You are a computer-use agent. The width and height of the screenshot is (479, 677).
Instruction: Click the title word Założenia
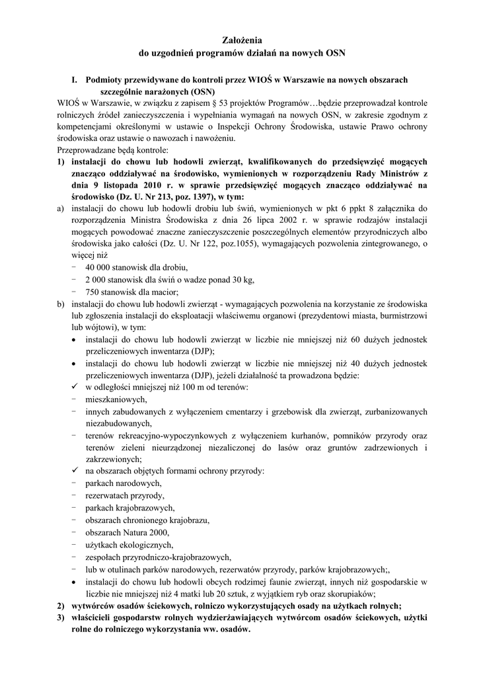click(x=239, y=40)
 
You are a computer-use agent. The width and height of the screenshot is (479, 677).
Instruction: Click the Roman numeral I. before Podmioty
click(x=75, y=79)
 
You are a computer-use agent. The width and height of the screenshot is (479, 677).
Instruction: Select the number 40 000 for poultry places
click(x=100, y=268)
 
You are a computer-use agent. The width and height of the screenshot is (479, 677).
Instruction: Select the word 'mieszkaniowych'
click(x=116, y=399)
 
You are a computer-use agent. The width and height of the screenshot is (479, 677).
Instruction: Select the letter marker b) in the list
click(x=61, y=304)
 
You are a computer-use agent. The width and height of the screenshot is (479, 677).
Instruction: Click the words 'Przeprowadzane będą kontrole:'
click(x=104, y=149)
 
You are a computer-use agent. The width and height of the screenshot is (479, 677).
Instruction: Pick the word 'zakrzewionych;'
click(x=113, y=459)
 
